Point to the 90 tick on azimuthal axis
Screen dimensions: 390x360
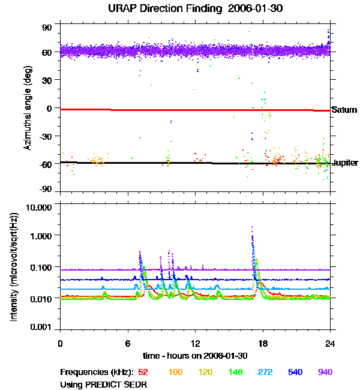click(x=47, y=28)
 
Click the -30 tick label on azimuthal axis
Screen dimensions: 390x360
click(x=46, y=136)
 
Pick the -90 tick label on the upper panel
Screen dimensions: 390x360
click(x=46, y=190)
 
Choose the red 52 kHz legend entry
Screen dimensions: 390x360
click(x=144, y=373)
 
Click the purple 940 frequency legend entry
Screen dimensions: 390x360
click(x=325, y=373)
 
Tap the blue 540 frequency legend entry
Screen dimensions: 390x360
click(x=295, y=373)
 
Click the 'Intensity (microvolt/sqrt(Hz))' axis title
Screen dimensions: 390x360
click(x=13, y=268)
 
